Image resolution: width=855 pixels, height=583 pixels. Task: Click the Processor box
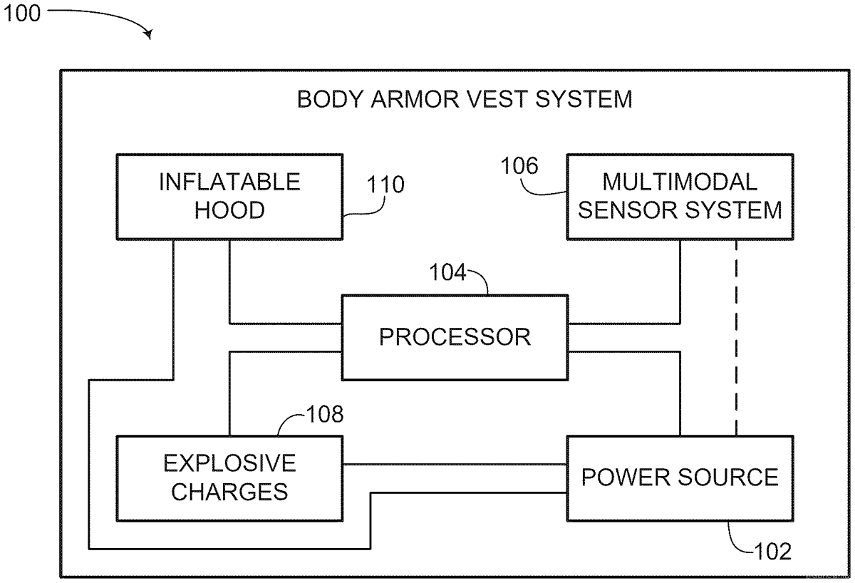point(455,336)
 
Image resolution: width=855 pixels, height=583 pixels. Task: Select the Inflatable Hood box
point(229,195)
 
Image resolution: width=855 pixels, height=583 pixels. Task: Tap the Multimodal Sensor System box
point(679,196)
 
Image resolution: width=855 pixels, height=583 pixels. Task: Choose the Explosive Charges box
point(229,478)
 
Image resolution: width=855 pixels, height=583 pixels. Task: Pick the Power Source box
point(679,477)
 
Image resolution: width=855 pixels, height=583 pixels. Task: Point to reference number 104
point(447,273)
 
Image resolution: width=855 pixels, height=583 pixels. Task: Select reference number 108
point(324,414)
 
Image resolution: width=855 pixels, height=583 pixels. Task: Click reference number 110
point(385,185)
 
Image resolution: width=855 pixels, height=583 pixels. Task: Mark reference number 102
point(772,551)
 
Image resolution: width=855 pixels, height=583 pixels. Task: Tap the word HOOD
point(229,210)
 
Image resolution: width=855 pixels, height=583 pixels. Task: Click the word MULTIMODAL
point(680,182)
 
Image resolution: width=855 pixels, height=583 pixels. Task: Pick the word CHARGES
point(229,492)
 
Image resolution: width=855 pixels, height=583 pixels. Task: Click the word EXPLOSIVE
point(229,463)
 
